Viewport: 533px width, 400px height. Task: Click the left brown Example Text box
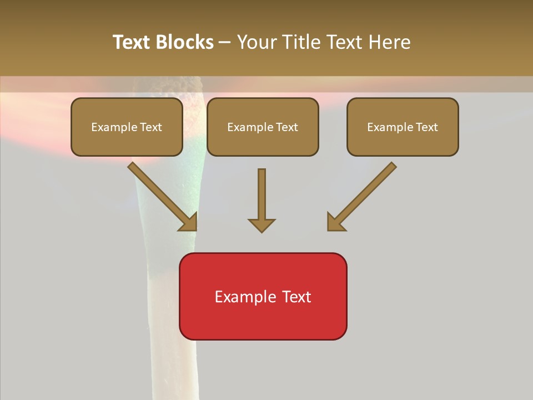pos(127,127)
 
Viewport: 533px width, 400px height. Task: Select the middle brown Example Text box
pos(263,127)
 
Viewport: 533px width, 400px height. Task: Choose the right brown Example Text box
pos(403,127)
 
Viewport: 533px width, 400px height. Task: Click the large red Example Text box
pos(263,296)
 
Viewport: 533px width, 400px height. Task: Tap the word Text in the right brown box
pos(427,127)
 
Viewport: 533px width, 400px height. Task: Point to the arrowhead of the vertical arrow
pos(262,225)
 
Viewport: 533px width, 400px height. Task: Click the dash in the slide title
pos(225,42)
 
